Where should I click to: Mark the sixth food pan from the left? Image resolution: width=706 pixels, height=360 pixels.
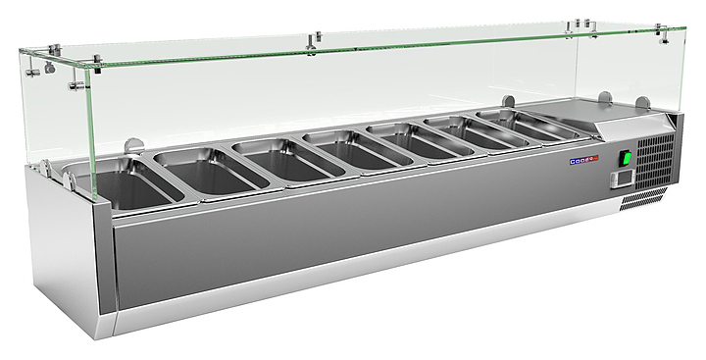[461, 135]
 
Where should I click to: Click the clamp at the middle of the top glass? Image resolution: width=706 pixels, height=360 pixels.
[314, 41]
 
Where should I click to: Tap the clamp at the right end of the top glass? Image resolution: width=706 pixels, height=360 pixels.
[664, 37]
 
